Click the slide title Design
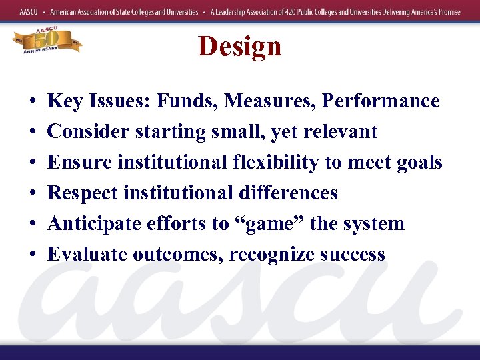click(239, 47)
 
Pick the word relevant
click(341, 132)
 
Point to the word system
click(374, 224)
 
